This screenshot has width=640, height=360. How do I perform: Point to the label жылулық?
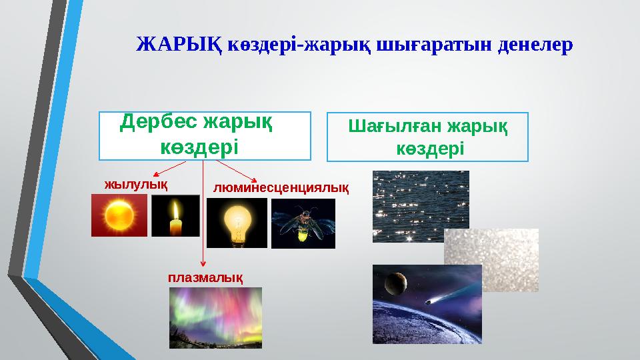tap(135, 183)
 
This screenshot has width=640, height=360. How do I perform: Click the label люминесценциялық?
tap(281, 188)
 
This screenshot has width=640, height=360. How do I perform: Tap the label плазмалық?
tap(205, 276)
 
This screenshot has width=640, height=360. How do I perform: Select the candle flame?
tap(176, 211)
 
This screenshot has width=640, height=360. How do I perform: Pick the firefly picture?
tap(303, 223)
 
